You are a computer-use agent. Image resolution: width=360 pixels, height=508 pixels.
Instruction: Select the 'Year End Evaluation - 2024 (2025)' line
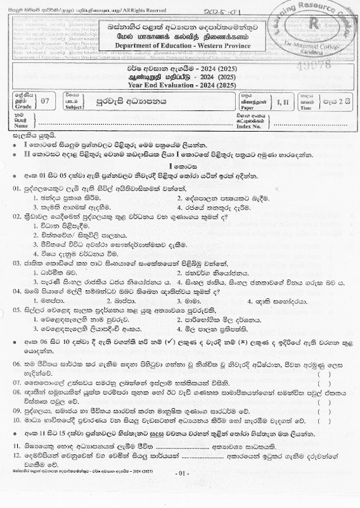pyautogui.click(x=181, y=86)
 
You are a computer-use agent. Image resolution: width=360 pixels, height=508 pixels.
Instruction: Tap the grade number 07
pyautogui.click(x=44, y=101)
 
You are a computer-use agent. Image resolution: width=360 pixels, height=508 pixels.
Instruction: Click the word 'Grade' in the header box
pyautogui.click(x=22, y=107)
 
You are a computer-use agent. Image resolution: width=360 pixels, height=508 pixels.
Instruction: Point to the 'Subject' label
pyautogui.click(x=72, y=107)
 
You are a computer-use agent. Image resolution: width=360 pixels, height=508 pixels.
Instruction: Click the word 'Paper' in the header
pyautogui.click(x=254, y=107)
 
